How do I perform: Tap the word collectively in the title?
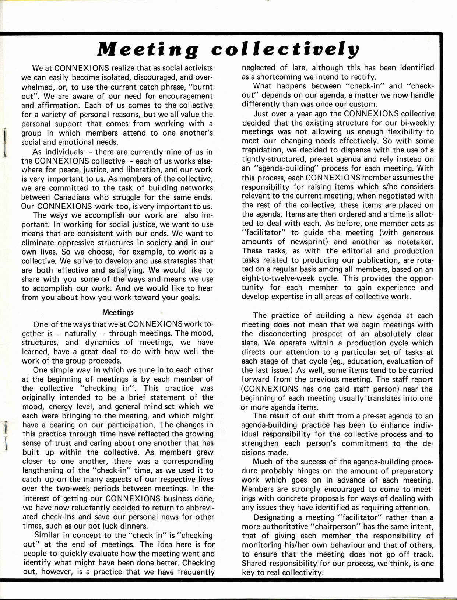[287, 49]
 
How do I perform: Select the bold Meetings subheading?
[118, 313]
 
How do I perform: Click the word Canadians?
[70, 197]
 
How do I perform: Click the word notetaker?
[415, 242]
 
